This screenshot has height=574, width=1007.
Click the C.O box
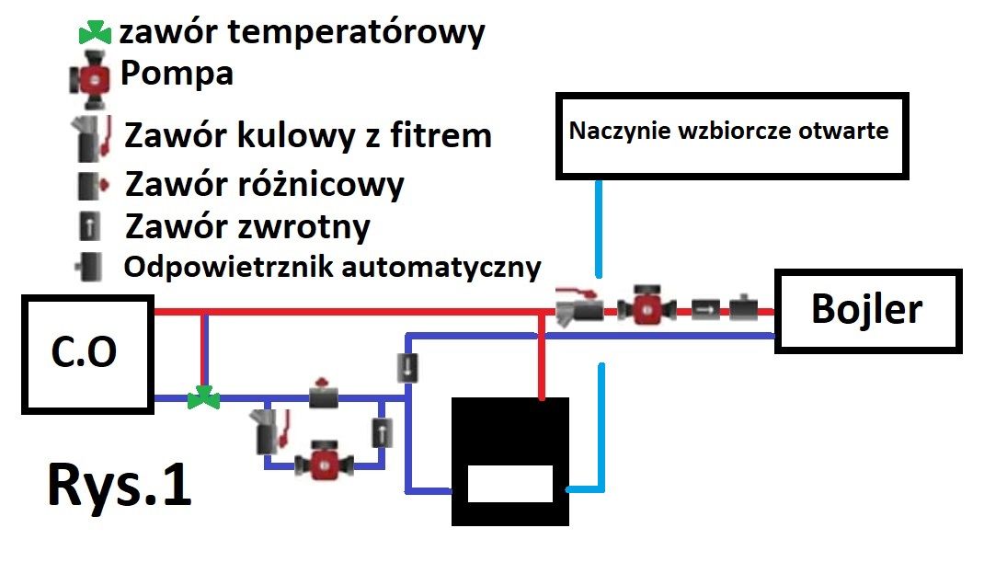tap(87, 354)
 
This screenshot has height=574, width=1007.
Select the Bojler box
tap(867, 311)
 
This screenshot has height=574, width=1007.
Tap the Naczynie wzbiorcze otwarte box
tap(731, 135)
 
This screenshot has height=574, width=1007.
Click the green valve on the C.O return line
tap(203, 398)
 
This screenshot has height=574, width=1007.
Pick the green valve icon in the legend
tap(95, 32)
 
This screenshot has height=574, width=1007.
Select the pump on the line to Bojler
tap(647, 305)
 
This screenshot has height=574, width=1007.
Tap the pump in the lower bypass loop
tap(324, 460)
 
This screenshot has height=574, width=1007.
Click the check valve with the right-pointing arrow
tap(705, 310)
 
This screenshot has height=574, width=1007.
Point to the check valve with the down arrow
tap(407, 368)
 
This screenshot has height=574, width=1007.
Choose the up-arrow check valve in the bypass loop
tap(383, 432)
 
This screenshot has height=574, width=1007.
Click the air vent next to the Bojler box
tap(744, 308)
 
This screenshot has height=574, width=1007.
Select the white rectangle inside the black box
tap(509, 484)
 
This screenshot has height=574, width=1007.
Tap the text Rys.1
tap(120, 486)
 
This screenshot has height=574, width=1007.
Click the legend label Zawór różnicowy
tap(265, 185)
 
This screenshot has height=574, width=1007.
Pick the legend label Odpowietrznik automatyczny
tap(332, 268)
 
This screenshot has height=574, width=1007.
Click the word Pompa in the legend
tap(177, 74)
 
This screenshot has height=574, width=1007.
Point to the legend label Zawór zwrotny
tap(247, 226)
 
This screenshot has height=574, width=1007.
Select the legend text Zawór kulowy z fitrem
tap(308, 136)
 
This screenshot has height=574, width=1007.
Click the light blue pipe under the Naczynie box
tap(599, 228)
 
